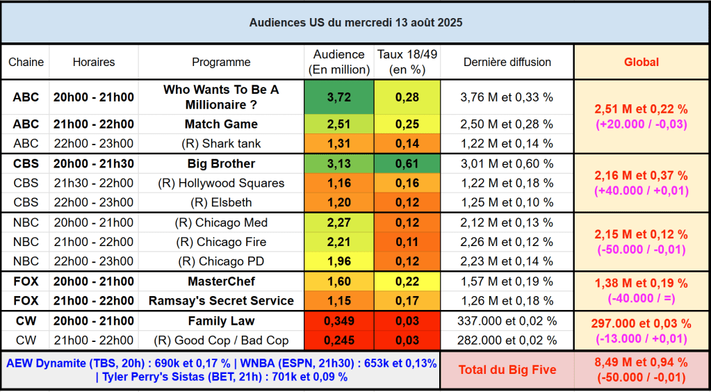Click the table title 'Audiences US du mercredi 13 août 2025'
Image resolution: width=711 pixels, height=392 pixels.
click(x=355, y=22)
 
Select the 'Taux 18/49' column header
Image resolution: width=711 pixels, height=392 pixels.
click(x=407, y=62)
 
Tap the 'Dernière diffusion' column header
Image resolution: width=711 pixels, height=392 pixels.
click(x=507, y=62)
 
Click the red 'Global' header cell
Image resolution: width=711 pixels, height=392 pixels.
click(x=641, y=62)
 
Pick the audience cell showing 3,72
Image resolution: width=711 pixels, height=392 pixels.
click(x=338, y=97)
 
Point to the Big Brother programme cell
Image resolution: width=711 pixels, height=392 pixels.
click(x=221, y=164)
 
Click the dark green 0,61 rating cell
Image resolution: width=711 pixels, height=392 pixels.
click(x=407, y=164)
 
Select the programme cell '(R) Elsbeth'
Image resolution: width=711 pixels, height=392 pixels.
click(x=221, y=203)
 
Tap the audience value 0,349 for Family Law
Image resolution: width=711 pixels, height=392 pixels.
click(x=338, y=321)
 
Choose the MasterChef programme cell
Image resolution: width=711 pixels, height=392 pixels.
click(x=221, y=281)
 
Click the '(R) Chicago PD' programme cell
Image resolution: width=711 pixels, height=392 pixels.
click(x=221, y=262)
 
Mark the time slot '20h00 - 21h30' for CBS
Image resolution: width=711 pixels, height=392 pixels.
click(x=93, y=164)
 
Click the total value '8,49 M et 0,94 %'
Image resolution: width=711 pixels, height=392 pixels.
click(x=641, y=362)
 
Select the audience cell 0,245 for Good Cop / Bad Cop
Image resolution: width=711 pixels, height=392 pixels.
click(x=338, y=341)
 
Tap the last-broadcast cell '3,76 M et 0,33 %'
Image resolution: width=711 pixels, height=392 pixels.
click(x=507, y=97)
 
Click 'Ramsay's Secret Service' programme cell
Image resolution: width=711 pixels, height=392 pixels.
click(x=221, y=301)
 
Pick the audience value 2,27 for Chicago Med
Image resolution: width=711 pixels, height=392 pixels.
click(x=338, y=223)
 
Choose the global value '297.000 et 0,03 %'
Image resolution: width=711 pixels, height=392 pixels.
click(x=641, y=324)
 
